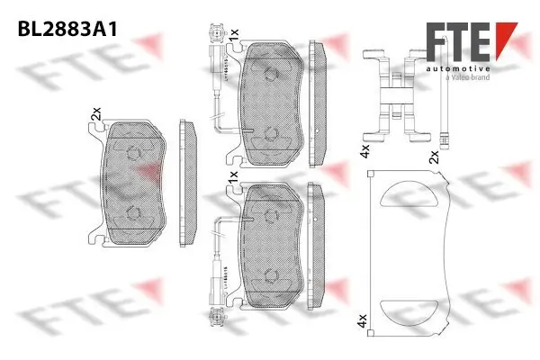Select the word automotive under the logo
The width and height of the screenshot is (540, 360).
(x=458, y=69)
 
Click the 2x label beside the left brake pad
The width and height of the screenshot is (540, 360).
(x=94, y=114)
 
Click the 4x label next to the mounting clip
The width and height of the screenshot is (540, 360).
(x=364, y=148)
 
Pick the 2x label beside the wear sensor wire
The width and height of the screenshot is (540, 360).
(x=435, y=156)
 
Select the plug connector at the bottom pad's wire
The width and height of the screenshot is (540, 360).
(x=215, y=315)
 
